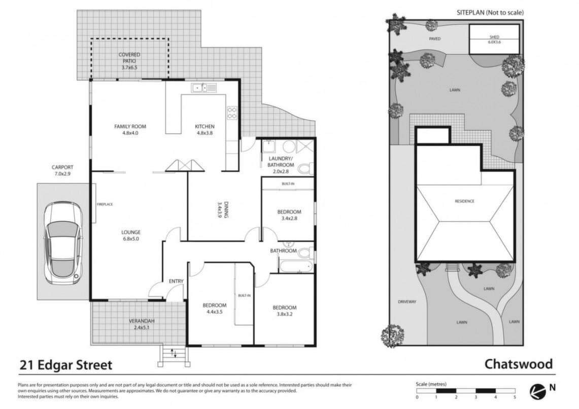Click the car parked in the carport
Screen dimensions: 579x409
[x=63, y=242]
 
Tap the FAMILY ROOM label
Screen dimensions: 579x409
[x=130, y=127]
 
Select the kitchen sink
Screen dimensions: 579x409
[x=203, y=88]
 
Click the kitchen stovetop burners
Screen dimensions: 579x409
[x=232, y=113]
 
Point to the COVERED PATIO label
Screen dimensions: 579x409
[x=129, y=58]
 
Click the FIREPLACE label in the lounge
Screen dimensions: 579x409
[x=105, y=204]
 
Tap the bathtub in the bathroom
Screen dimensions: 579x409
[x=296, y=266]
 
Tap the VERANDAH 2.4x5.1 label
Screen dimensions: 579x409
[x=142, y=324]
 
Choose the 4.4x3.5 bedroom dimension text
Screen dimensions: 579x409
[x=214, y=312]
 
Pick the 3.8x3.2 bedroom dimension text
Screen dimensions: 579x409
[x=284, y=314]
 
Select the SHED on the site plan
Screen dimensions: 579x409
[x=494, y=39]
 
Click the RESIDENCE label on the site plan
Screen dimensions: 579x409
[x=464, y=201]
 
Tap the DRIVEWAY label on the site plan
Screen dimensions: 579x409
[x=407, y=302]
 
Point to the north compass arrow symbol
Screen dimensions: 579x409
[x=538, y=392]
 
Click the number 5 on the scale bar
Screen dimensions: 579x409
[x=515, y=397]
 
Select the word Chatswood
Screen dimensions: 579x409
[x=519, y=364]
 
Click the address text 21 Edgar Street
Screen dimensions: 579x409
[x=66, y=365]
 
